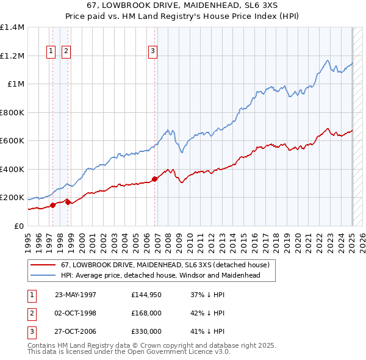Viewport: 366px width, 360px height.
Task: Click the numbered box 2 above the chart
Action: [65, 52]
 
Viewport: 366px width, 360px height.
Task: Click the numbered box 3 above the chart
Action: [152, 52]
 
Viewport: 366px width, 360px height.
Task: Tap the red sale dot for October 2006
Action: [155, 179]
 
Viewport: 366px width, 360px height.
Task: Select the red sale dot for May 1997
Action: [53, 205]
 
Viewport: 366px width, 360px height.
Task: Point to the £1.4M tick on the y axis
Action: [13, 27]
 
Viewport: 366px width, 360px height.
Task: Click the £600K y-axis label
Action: [12, 141]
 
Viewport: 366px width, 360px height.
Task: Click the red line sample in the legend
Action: [43, 265]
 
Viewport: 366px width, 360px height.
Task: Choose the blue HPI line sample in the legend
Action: [43, 275]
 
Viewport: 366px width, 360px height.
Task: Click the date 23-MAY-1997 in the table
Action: [75, 295]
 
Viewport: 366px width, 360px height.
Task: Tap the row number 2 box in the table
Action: [30, 313]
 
